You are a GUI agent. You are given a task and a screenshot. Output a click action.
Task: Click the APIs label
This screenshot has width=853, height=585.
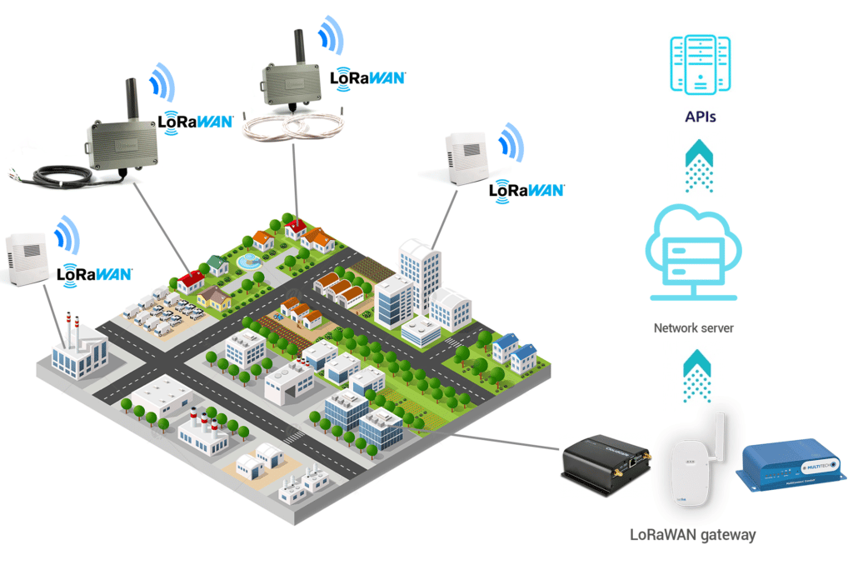[x=700, y=117]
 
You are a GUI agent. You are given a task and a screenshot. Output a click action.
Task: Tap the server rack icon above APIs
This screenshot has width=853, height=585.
[x=700, y=64]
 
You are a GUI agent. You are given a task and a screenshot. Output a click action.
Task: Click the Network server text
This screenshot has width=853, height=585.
[x=693, y=328]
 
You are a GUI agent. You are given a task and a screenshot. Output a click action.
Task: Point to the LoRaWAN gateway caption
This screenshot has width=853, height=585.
[x=692, y=534]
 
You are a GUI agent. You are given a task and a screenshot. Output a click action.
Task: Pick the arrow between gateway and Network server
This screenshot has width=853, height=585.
[x=696, y=375]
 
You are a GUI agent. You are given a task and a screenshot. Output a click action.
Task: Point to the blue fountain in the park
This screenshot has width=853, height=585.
[x=248, y=263]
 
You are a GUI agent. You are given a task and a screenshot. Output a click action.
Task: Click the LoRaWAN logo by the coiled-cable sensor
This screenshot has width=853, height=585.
[x=367, y=77]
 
